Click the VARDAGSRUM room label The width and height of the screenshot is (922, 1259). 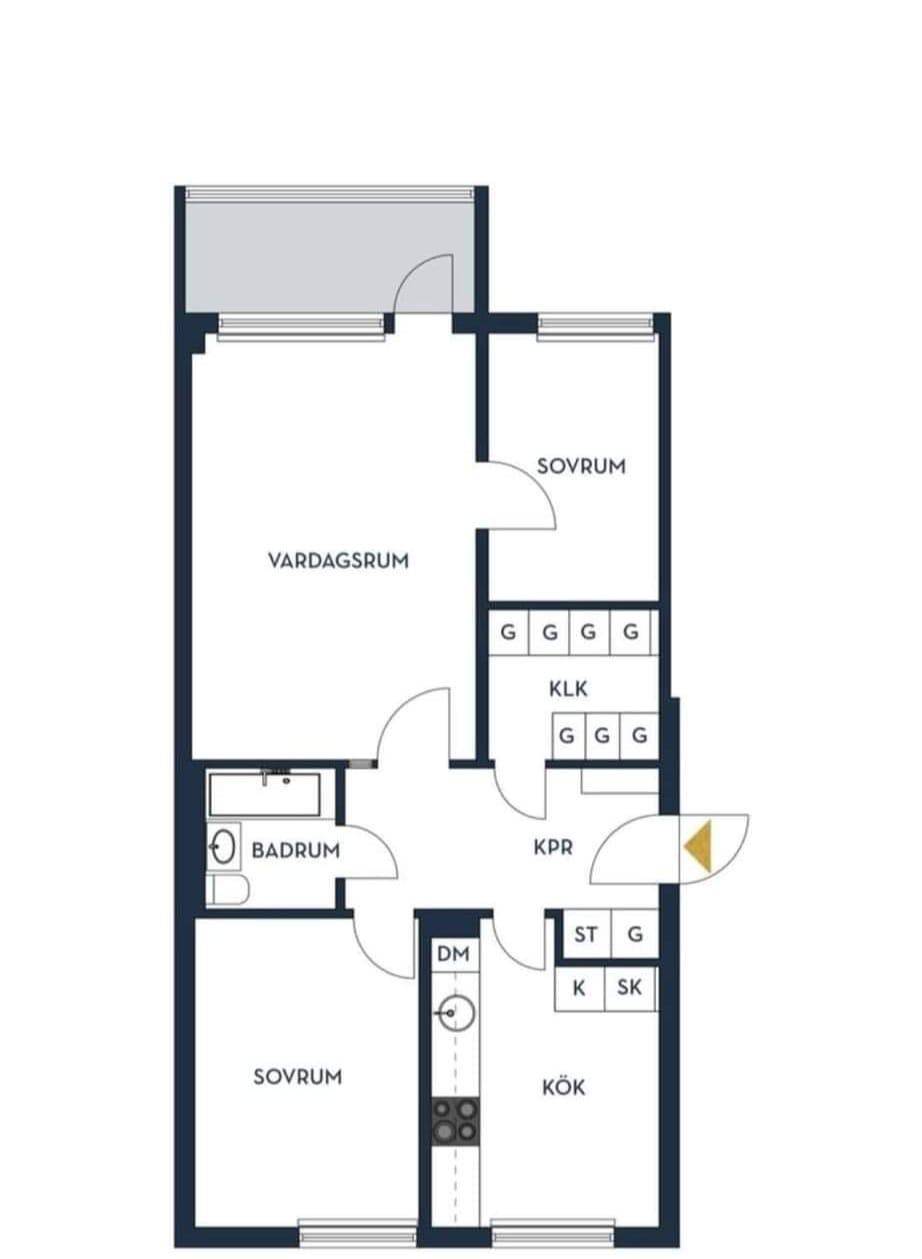[x=338, y=561]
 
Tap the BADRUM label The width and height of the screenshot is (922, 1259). [x=296, y=850]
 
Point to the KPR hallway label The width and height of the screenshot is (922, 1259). [x=553, y=848]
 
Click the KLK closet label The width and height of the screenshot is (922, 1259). [x=568, y=689]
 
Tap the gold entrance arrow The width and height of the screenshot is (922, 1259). [x=698, y=846]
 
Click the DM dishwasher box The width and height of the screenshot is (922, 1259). [x=454, y=954]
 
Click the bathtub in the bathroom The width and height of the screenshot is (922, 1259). [x=265, y=794]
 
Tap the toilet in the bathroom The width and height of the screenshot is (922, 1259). [x=227, y=890]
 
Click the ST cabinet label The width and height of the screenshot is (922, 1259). [x=586, y=935]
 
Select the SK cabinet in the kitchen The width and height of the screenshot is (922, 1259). [x=630, y=988]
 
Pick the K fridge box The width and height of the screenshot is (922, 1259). [x=579, y=988]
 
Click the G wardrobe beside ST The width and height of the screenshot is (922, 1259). [x=634, y=934]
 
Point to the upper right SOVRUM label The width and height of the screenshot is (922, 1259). [x=581, y=466]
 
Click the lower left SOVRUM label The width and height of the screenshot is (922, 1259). [x=297, y=1077]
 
